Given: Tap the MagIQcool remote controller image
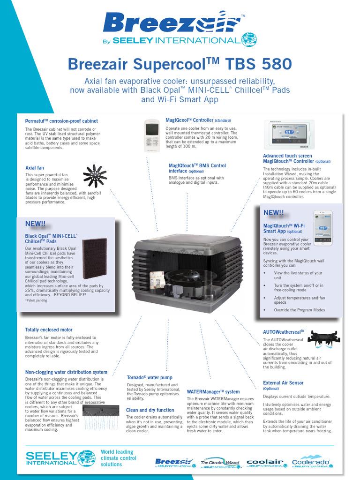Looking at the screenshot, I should (x=152, y=136).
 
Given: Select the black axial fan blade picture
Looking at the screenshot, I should (x=95, y=176).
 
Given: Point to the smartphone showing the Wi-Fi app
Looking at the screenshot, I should (x=322, y=228).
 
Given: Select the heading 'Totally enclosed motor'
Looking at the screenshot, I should (x=49, y=330).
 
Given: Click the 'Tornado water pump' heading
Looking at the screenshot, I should (x=150, y=377).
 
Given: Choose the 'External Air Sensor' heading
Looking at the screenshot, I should (x=283, y=383).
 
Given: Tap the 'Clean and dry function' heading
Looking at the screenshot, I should (x=150, y=410).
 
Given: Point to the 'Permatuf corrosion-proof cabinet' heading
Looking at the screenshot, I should (x=61, y=121).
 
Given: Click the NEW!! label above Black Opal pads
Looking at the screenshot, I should (x=35, y=225).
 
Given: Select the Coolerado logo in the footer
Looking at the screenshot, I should (x=312, y=462).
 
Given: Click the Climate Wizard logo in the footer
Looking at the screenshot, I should (x=220, y=462).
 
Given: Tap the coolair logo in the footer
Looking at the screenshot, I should (x=265, y=462).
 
